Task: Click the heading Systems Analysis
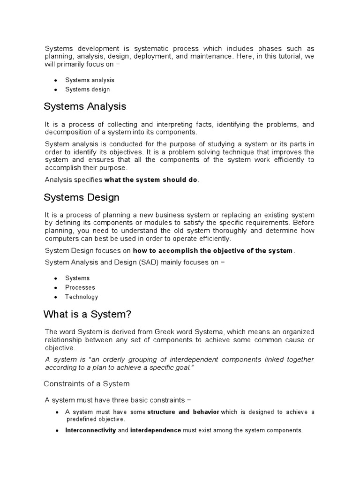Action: tap(85, 106)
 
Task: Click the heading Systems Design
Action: tap(82, 197)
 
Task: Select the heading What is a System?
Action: tap(90, 314)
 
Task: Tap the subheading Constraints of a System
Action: tap(86, 384)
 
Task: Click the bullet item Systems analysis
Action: tap(90, 80)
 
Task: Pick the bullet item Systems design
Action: tap(88, 90)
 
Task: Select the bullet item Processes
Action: tap(80, 287)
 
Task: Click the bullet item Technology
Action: tap(82, 297)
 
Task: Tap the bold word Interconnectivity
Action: tap(90, 430)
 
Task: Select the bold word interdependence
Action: tap(156, 430)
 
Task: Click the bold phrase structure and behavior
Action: tap(183, 412)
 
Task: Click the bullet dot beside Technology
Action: tap(56, 297)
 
